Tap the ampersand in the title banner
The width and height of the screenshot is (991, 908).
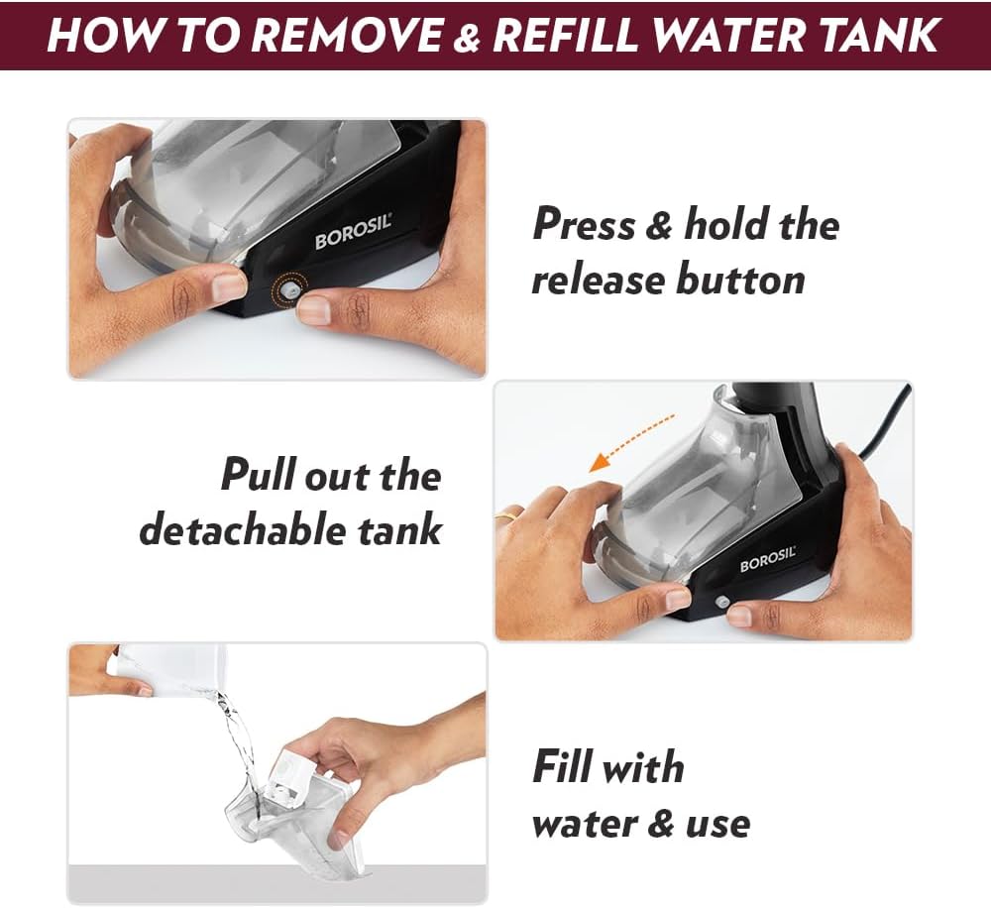coord(467,35)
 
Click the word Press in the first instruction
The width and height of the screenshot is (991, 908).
coord(584,224)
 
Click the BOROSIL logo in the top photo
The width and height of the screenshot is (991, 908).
coord(354,232)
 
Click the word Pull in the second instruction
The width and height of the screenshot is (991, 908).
coord(259,476)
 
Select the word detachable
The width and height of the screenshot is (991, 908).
coord(243,529)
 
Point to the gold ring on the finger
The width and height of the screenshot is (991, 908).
coord(505,516)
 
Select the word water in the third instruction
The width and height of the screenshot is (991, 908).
coord(584,824)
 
